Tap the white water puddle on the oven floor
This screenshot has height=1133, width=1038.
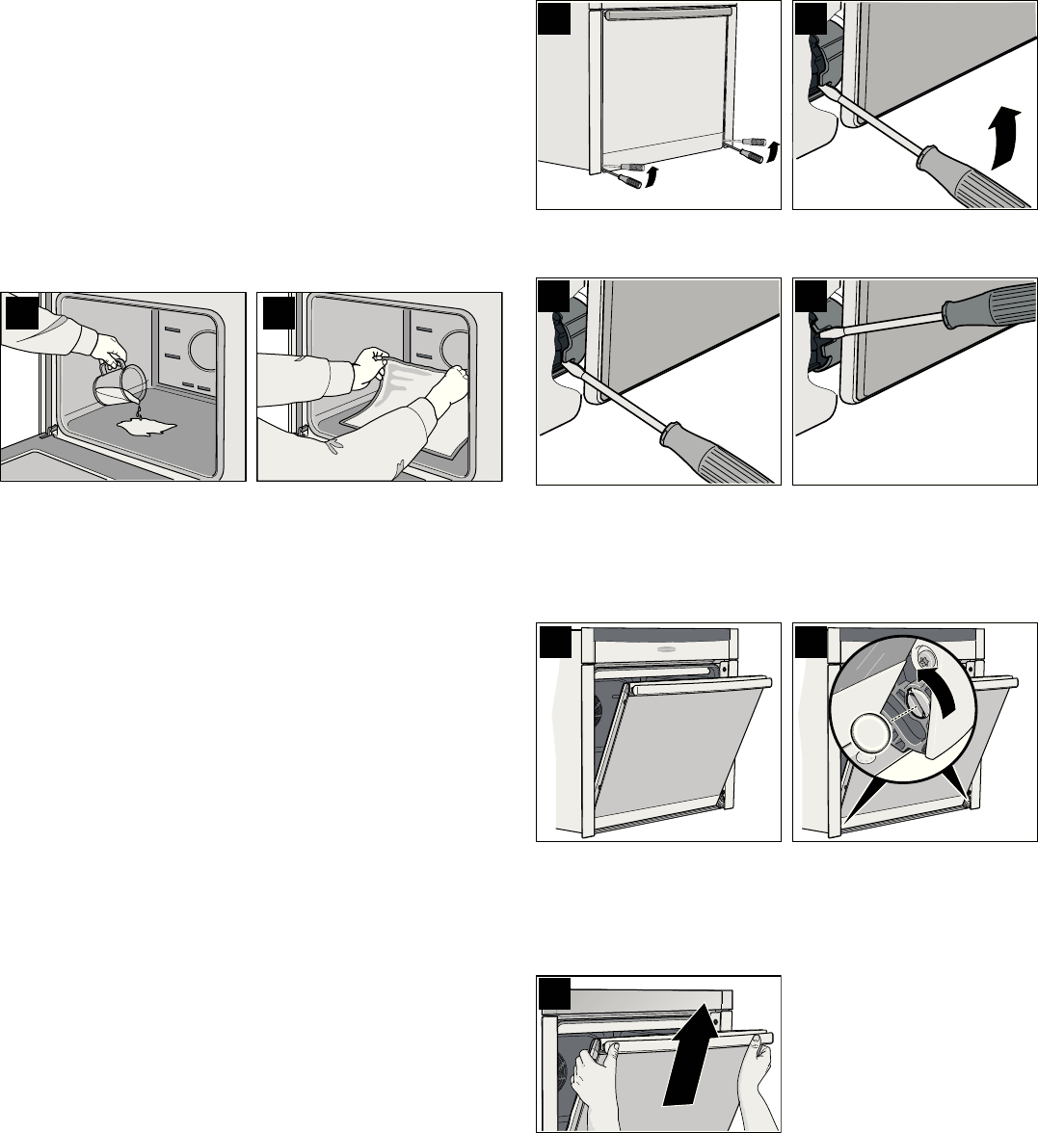coord(144,424)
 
